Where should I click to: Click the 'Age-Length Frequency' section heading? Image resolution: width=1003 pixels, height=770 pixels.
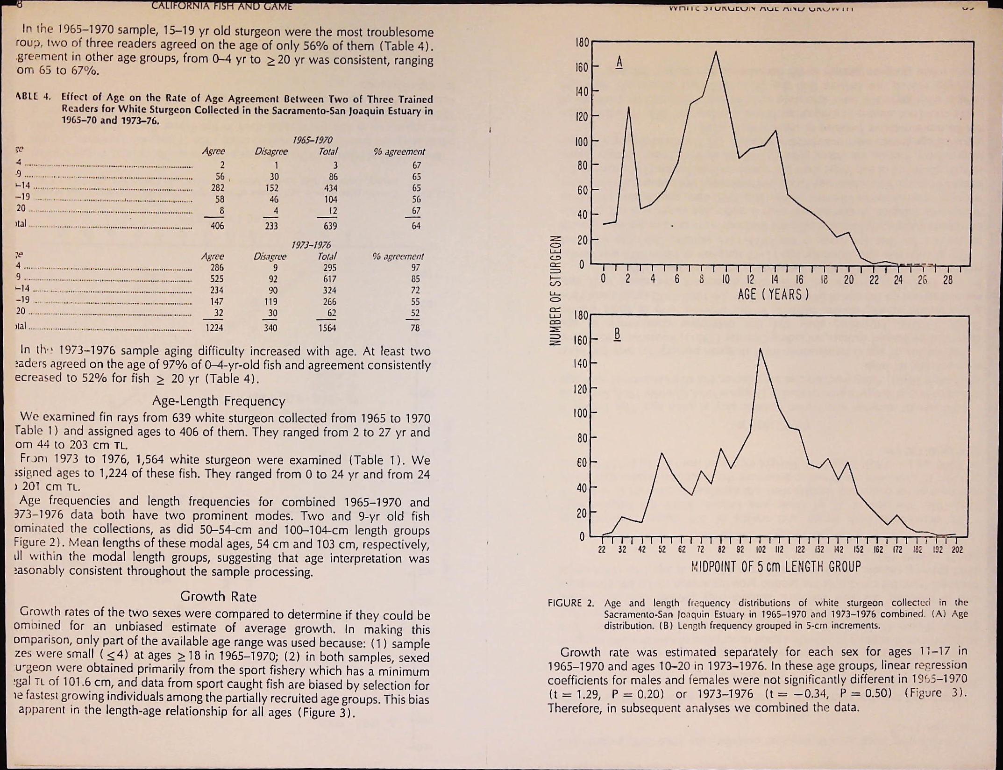[x=219, y=401]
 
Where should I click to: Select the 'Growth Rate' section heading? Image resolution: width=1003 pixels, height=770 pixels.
[x=219, y=597]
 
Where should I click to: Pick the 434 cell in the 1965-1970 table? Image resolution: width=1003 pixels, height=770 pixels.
[x=330, y=188]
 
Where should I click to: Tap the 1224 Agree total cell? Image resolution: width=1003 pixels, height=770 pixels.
[x=214, y=328]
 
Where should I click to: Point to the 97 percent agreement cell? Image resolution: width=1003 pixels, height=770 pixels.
[x=415, y=268]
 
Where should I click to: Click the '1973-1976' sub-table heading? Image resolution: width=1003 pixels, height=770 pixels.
[x=311, y=245]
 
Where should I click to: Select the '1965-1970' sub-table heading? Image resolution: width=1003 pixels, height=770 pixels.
[x=313, y=140]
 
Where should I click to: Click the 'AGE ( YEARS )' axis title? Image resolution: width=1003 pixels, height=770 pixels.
[x=773, y=295]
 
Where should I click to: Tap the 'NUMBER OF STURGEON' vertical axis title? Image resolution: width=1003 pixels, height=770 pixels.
[x=556, y=291]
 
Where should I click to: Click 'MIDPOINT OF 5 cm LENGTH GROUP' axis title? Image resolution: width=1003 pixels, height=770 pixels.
[x=775, y=567]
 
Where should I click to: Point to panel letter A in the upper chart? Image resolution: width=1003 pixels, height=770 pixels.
[x=619, y=62]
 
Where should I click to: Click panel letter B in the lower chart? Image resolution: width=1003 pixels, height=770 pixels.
[x=617, y=334]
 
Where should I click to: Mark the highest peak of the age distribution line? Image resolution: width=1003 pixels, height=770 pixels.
[x=716, y=51]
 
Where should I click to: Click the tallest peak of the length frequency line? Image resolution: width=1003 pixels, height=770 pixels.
[x=760, y=349]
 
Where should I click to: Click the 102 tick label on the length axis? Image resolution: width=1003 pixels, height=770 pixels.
[x=761, y=550]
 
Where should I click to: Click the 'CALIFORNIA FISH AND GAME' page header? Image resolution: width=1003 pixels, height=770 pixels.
[x=222, y=6]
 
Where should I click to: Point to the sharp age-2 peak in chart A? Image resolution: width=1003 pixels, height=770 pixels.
[x=629, y=107]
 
